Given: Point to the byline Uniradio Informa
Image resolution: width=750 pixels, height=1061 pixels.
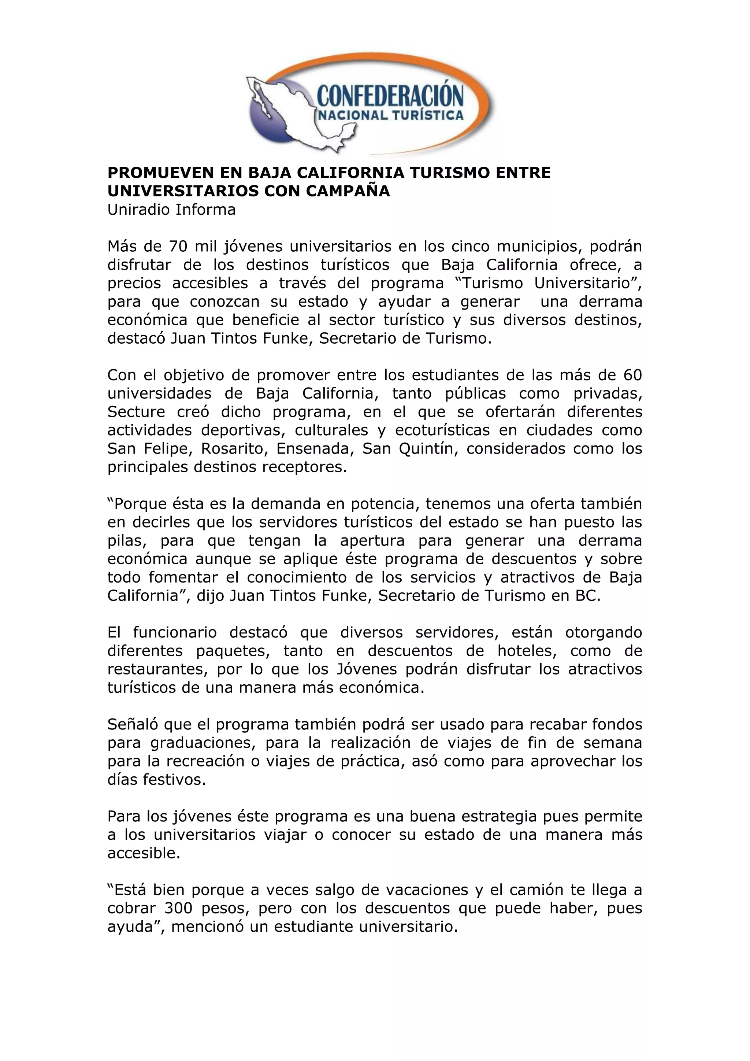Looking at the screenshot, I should [171, 210].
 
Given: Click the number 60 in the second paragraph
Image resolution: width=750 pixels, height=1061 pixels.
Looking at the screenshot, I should [632, 375].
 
